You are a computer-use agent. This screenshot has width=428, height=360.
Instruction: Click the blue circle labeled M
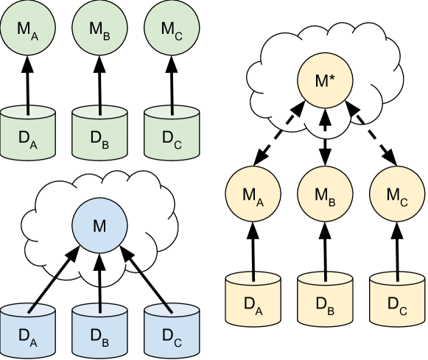[x=99, y=226]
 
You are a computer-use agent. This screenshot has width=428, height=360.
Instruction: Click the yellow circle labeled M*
[x=325, y=81]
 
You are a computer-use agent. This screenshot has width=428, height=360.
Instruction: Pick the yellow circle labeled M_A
[x=253, y=195]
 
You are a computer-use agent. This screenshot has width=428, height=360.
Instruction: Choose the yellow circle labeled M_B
[x=325, y=195]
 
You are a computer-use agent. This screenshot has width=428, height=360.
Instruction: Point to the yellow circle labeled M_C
[x=396, y=195]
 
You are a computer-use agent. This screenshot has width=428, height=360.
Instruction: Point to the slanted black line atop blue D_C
[x=169, y=308]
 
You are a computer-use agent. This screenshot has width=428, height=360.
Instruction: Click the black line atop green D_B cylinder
[x=99, y=110]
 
